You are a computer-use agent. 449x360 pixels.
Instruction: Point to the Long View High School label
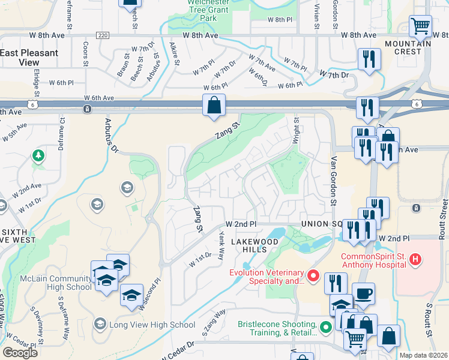pyautogui.click(x=152, y=325)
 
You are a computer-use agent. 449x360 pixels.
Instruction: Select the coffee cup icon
pyautogui.click(x=363, y=294)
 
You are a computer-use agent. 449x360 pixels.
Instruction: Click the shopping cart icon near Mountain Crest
pyautogui.click(x=420, y=26)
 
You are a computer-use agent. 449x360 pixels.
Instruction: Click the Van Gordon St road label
pyautogui.click(x=332, y=180)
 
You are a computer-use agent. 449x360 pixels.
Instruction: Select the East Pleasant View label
pyautogui.click(x=29, y=58)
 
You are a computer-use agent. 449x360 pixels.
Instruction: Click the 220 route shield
pyautogui.click(x=103, y=36)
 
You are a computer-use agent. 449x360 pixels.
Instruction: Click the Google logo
pyautogui.click(x=20, y=353)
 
